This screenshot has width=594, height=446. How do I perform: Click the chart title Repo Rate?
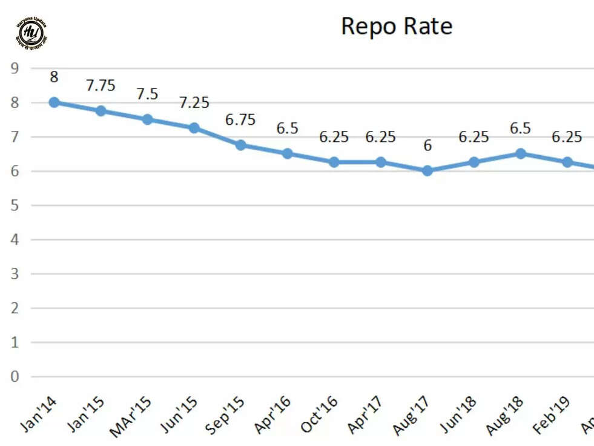tap(397, 26)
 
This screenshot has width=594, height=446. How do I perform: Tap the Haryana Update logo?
tap(32, 33)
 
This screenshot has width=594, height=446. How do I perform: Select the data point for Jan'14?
tap(54, 102)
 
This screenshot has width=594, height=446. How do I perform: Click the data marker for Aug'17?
tap(427, 171)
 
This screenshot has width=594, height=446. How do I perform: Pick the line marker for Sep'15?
tap(240, 145)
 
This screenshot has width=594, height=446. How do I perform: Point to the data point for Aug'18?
tap(521, 154)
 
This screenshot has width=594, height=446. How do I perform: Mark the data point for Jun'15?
tap(194, 128)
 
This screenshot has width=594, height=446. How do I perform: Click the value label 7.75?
tap(101, 85)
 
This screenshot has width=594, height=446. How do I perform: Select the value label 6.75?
tap(240, 119)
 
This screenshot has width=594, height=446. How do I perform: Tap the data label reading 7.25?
tap(194, 102)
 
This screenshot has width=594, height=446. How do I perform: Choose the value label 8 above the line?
tap(54, 77)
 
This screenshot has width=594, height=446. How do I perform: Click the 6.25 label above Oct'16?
tap(334, 137)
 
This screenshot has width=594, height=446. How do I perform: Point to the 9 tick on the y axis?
tap(15, 68)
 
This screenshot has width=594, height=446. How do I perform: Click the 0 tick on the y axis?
tap(15, 377)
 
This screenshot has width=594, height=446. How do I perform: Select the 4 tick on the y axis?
tap(15, 240)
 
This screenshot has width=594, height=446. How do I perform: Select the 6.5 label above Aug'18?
tap(521, 128)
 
